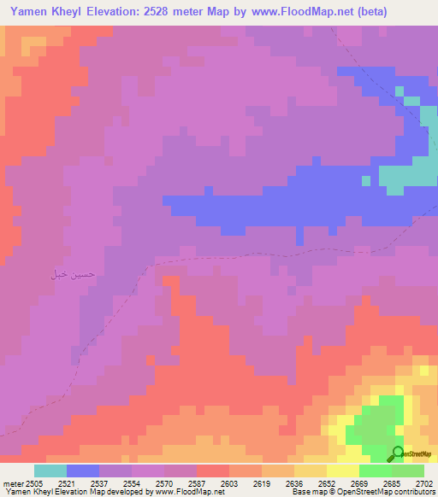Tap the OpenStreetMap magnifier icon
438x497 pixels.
click(x=397, y=454)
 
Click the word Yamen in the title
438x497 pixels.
click(x=25, y=12)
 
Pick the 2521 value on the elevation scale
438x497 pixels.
click(x=66, y=483)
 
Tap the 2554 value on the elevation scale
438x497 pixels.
click(x=132, y=483)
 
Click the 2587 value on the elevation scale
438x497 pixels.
click(x=196, y=483)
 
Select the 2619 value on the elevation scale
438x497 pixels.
click(x=262, y=483)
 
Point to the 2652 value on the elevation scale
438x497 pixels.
click(x=327, y=483)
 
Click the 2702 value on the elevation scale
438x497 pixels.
click(x=424, y=483)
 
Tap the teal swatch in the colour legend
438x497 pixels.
click(x=50, y=471)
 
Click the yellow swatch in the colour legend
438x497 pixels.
click(x=343, y=471)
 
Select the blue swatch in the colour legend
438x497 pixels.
click(x=83, y=471)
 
